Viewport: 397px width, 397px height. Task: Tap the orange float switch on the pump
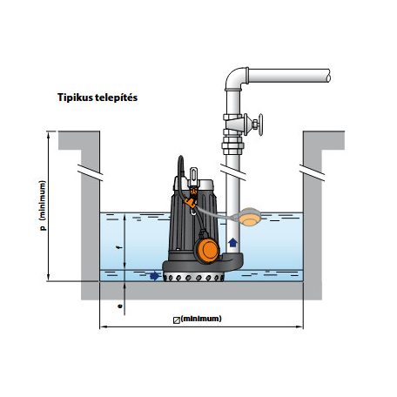(x=207, y=251)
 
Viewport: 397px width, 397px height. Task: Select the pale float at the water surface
(x=250, y=217)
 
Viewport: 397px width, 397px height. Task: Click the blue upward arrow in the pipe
(x=232, y=242)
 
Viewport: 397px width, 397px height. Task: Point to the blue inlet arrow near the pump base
(x=155, y=276)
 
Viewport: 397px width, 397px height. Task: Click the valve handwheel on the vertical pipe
(x=260, y=124)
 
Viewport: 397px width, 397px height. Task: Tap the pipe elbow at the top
(x=235, y=77)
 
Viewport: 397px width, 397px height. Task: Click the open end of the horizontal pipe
(x=328, y=76)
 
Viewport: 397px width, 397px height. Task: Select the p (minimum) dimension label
(x=43, y=205)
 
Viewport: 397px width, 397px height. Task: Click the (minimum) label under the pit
(x=201, y=319)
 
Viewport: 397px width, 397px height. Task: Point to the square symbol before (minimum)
(x=177, y=320)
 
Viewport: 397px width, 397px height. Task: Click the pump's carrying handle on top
(x=193, y=176)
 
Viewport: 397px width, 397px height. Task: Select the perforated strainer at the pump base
(x=193, y=277)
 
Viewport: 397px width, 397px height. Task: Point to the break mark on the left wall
(x=91, y=172)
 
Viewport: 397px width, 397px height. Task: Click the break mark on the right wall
(x=313, y=172)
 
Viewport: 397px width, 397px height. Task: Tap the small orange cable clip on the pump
(x=190, y=203)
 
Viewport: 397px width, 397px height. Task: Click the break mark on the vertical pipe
(x=232, y=172)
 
